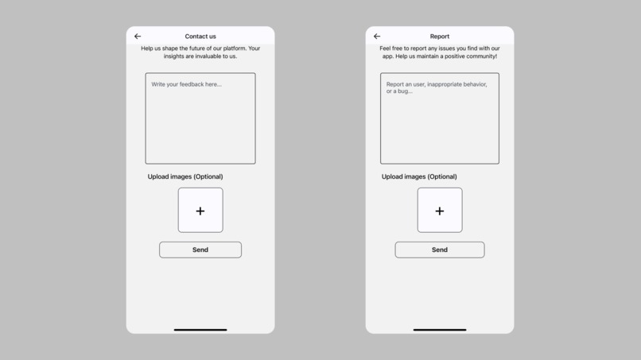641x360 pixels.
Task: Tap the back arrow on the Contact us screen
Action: (138, 37)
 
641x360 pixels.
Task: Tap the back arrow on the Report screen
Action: (377, 37)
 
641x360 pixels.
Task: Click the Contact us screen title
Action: (200, 37)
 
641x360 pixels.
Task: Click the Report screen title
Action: (440, 37)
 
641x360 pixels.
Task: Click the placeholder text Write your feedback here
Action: (187, 84)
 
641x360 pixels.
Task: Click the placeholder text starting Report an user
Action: (436, 84)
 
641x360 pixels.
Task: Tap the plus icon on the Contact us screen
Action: (200, 211)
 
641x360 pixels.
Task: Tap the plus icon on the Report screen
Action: (440, 211)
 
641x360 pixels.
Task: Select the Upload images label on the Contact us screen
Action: (185, 176)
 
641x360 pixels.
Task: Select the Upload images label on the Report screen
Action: (419, 176)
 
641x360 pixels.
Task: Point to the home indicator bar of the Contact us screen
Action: (200, 330)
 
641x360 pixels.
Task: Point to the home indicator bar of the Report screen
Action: (440, 330)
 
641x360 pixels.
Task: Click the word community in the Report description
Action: (479, 56)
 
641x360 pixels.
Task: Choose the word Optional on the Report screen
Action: (443, 176)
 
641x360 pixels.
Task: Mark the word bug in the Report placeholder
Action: (403, 91)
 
